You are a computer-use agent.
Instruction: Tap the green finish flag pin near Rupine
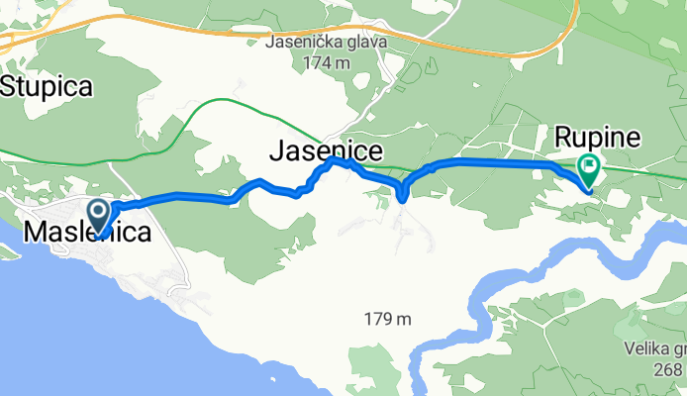588,170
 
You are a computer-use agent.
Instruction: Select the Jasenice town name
322,151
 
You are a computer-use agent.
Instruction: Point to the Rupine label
597,136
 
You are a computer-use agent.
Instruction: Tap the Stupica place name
47,87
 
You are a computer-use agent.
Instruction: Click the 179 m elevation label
387,319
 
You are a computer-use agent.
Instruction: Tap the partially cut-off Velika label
657,348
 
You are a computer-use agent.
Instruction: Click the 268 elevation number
671,367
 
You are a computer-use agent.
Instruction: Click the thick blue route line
475,160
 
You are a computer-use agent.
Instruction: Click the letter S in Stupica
10,87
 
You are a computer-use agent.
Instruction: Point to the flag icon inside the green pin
589,166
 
